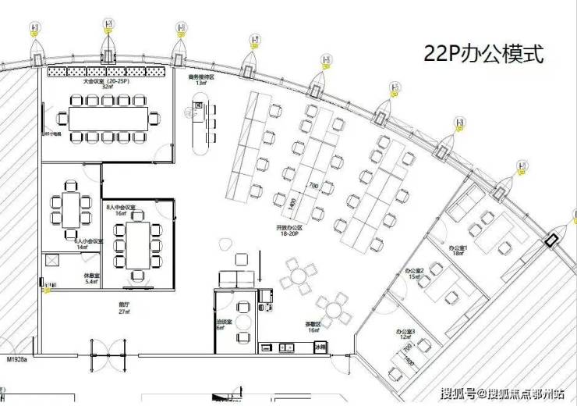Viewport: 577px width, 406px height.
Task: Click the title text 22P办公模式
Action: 482,54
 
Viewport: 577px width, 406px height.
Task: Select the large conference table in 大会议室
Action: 108,118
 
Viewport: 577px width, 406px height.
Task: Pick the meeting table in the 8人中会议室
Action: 137,242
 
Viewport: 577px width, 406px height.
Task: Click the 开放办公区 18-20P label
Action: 288,230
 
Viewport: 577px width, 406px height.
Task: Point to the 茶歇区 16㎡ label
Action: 313,327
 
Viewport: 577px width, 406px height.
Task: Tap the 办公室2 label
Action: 413,273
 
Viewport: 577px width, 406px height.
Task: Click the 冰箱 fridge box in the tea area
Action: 320,349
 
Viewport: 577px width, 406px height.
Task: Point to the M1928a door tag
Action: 17,360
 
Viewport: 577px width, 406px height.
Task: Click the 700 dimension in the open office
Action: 313,187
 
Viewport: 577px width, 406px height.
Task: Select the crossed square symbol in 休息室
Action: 53,262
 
